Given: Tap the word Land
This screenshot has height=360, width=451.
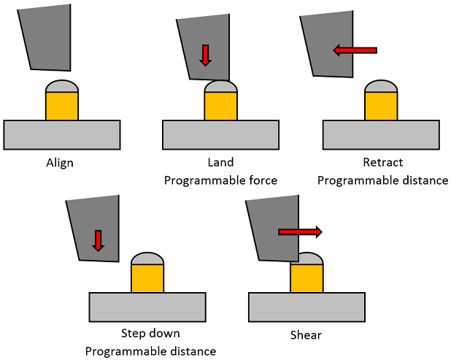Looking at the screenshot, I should click(x=220, y=162).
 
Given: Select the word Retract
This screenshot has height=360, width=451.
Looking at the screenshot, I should click(x=382, y=162).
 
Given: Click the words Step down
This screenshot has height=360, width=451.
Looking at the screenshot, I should click(x=150, y=334).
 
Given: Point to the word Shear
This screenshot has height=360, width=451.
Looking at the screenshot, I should click(x=306, y=335).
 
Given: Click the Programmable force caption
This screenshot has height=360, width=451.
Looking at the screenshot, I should click(x=220, y=180).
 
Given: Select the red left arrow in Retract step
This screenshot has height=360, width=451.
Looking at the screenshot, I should click(x=355, y=50).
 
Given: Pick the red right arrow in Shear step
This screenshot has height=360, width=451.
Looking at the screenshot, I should click(x=299, y=232).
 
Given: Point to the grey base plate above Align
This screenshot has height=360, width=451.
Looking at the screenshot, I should click(x=61, y=134).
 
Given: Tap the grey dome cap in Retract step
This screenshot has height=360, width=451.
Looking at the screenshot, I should click(x=381, y=85).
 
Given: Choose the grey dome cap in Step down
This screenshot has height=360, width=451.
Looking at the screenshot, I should click(x=147, y=258).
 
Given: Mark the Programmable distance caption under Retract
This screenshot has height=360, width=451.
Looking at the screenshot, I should click(x=382, y=180).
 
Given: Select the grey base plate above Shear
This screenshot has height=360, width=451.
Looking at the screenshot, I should click(x=306, y=306).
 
